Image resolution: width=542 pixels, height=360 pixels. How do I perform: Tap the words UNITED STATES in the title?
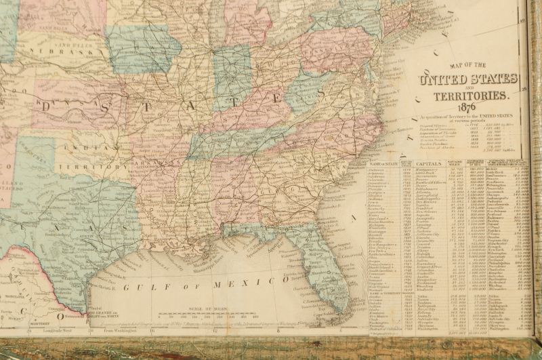[469, 82]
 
